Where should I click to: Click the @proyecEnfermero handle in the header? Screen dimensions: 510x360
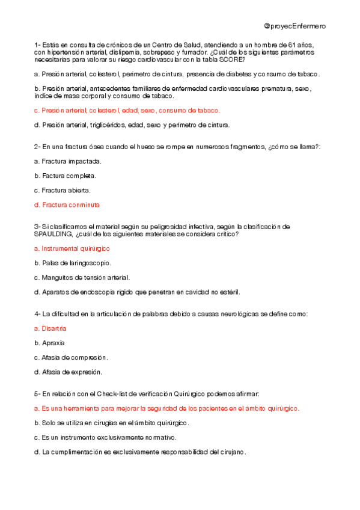click(294, 26)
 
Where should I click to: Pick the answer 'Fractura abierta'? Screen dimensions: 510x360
click(63, 190)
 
